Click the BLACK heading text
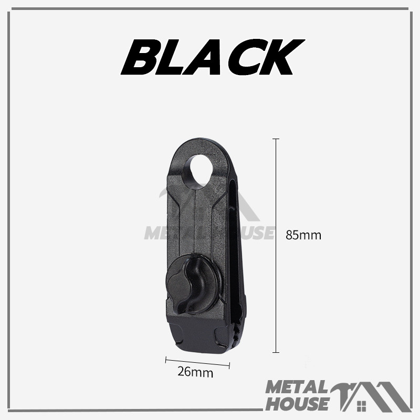pyautogui.click(x=213, y=57)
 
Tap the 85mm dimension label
pyautogui.click(x=303, y=235)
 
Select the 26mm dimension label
pyautogui.click(x=195, y=372)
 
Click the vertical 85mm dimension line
pyautogui.click(x=276, y=246)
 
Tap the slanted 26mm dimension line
pyautogui.click(x=198, y=363)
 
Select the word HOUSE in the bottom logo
pyautogui.click(x=297, y=404)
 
